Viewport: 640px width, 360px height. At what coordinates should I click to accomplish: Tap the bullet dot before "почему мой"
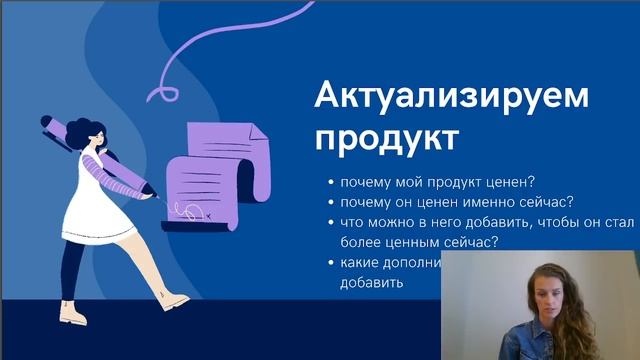(x=330, y=183)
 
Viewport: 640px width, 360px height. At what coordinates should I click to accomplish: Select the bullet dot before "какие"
(x=330, y=263)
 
